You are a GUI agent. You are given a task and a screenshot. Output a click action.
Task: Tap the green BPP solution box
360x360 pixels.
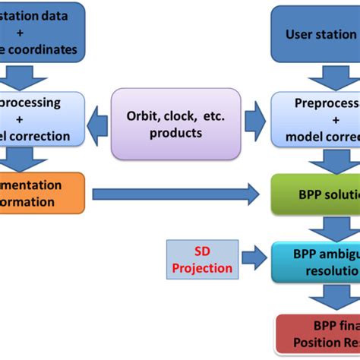click(x=315, y=194)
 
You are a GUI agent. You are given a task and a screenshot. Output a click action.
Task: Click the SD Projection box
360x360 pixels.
click(x=202, y=261)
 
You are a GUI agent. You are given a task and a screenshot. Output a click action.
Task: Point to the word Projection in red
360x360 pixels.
click(x=202, y=268)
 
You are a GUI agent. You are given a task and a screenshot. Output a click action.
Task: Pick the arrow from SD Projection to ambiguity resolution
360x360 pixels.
click(x=254, y=261)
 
